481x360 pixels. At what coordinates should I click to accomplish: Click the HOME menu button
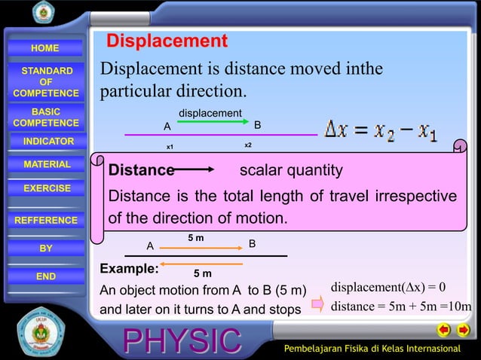45,48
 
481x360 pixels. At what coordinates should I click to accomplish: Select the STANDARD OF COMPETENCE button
45,82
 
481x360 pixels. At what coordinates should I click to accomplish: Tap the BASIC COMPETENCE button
45,117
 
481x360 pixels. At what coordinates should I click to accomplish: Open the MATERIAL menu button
47,164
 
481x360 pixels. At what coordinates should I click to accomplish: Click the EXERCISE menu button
47,188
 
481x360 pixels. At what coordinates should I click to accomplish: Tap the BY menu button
46,248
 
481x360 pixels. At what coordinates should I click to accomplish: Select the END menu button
46,276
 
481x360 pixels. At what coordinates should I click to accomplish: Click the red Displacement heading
166,41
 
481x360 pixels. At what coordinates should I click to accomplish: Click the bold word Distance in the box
141,171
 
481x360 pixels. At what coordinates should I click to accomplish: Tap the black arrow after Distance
198,171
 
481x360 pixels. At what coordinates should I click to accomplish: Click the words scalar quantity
290,171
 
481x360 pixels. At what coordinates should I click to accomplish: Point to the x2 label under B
248,144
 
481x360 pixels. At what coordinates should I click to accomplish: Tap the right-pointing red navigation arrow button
464,330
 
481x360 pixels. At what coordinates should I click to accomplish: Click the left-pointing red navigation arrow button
443,330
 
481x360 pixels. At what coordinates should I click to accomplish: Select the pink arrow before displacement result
317,304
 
